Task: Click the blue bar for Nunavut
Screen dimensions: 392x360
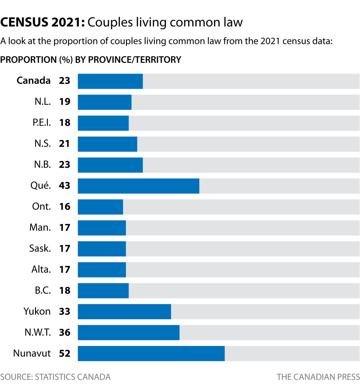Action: point(151,353)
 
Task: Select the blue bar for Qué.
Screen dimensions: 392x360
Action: point(139,186)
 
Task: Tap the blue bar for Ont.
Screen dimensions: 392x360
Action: point(100,207)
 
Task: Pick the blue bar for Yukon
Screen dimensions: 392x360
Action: point(124,311)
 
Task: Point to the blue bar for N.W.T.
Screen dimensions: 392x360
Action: point(129,332)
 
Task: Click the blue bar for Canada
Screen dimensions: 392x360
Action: point(110,81)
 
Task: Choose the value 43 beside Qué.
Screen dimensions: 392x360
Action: point(65,186)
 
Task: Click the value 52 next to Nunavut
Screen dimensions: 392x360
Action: point(65,353)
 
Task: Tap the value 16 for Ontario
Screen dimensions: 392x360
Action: point(65,207)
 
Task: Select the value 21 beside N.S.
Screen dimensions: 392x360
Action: point(65,144)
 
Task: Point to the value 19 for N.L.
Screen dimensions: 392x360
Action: point(65,102)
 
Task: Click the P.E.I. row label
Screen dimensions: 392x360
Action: point(41,123)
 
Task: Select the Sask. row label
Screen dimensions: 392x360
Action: point(40,248)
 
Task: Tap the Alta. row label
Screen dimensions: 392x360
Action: point(41,269)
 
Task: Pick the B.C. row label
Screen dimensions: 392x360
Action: point(43,290)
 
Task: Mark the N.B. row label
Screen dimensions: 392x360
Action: point(42,165)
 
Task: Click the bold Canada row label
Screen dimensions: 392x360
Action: point(33,81)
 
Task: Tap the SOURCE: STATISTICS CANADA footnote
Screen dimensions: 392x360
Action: point(55,377)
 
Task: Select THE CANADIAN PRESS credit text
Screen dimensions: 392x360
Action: point(318,377)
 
